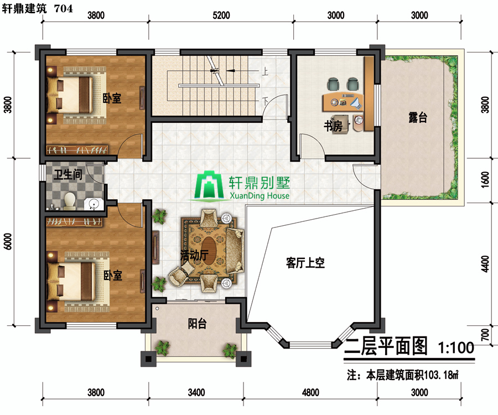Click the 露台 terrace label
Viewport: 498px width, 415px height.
[x=418, y=117]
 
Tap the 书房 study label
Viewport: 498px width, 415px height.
[x=333, y=126]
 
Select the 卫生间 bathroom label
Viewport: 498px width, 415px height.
[x=68, y=174]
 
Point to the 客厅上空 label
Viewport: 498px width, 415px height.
[x=305, y=263]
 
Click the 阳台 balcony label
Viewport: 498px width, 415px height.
[x=197, y=324]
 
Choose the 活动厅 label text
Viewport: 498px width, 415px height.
[x=194, y=255]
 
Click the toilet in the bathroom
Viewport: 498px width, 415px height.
[x=70, y=201]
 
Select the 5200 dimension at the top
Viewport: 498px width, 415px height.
[x=221, y=15]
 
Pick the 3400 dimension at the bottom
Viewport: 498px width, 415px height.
[x=196, y=392]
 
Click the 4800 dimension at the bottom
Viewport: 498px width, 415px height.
[x=310, y=392]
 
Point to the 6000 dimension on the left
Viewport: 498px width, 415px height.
[x=8, y=241]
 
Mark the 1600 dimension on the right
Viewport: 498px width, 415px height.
[x=485, y=180]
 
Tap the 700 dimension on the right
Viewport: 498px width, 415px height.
[x=485, y=335]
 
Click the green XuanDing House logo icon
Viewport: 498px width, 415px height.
[x=209, y=186]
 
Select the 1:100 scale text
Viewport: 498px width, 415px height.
[x=456, y=348]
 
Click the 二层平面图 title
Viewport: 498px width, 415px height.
[x=386, y=346]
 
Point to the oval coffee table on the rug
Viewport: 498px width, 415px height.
[x=209, y=249]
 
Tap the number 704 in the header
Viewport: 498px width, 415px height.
[x=64, y=8]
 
